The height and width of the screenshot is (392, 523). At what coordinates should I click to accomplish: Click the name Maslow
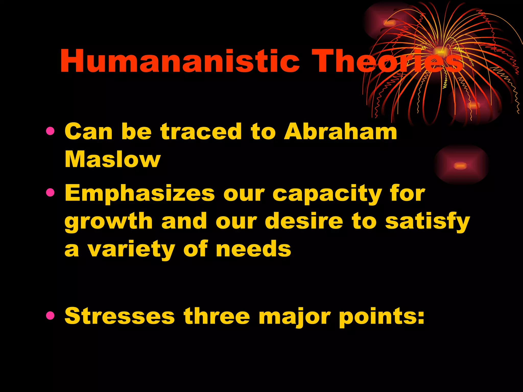[x=113, y=159]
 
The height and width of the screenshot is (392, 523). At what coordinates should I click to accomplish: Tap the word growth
[x=109, y=222]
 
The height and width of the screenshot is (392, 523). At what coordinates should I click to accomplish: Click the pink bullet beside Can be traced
[x=50, y=131]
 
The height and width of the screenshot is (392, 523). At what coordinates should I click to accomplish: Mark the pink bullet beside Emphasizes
[x=50, y=193]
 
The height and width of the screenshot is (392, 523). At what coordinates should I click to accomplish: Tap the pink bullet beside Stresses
[x=50, y=316]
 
